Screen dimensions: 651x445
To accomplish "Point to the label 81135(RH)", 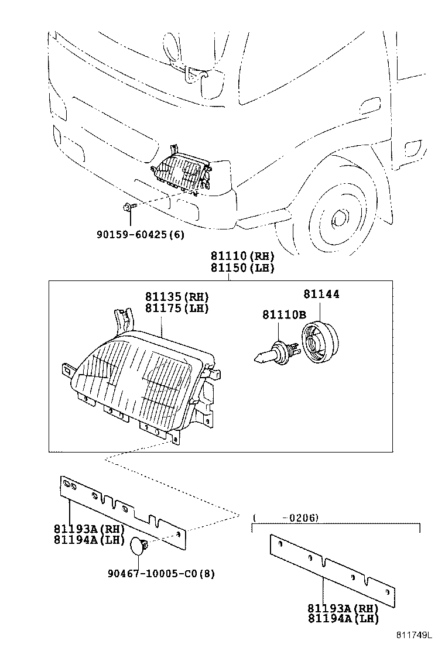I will [177, 297].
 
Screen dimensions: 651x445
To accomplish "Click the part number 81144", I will [321, 294].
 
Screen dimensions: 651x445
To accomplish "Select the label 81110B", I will [284, 315].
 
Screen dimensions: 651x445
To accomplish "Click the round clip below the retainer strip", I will [138, 546].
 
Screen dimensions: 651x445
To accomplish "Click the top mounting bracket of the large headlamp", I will [123, 320].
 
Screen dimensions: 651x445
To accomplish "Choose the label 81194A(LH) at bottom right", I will [343, 618].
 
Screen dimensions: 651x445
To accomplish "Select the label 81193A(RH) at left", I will [88, 529].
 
